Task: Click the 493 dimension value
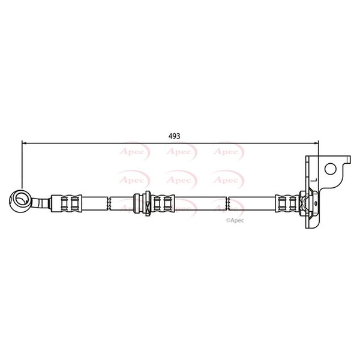coord(175,136)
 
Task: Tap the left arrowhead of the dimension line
coord(24,143)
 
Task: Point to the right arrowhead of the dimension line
coord(316,143)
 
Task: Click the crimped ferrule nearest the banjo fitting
coord(66,203)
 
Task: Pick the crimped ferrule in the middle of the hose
coord(163,203)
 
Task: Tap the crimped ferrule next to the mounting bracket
coord(287,203)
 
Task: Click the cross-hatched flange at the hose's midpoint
coord(148,203)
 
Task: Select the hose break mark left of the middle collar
coord(109,203)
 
